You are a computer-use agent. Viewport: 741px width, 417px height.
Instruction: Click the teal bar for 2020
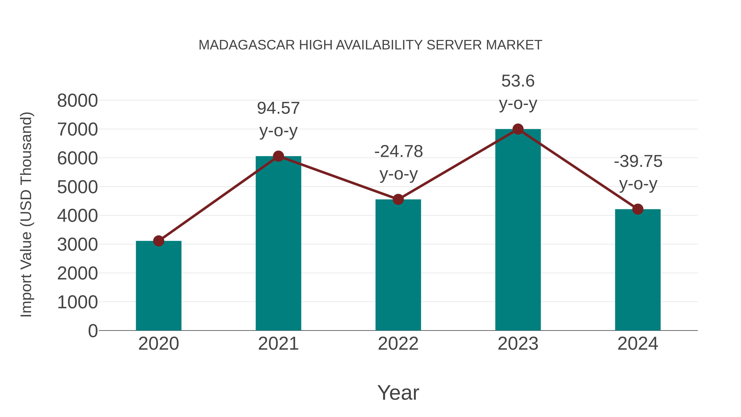coord(158,288)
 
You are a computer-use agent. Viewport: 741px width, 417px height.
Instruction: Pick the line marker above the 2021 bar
coord(278,156)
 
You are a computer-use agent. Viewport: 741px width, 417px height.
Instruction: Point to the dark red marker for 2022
coord(398,199)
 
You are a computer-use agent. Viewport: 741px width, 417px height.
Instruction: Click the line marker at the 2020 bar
coord(158,241)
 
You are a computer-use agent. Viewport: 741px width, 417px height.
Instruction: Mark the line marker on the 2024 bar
coord(638,209)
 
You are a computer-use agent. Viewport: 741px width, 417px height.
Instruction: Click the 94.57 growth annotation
coord(278,109)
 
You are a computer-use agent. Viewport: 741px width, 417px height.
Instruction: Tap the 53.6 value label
coord(518,81)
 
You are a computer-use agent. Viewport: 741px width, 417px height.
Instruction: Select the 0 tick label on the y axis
coord(93,331)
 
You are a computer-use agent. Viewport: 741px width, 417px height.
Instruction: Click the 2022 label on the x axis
coord(398,344)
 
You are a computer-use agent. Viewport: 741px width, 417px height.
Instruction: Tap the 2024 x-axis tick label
coord(637,344)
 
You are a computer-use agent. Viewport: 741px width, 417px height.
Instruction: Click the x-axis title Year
coord(398,393)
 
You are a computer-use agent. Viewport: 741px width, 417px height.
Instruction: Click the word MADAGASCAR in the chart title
coord(247,45)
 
